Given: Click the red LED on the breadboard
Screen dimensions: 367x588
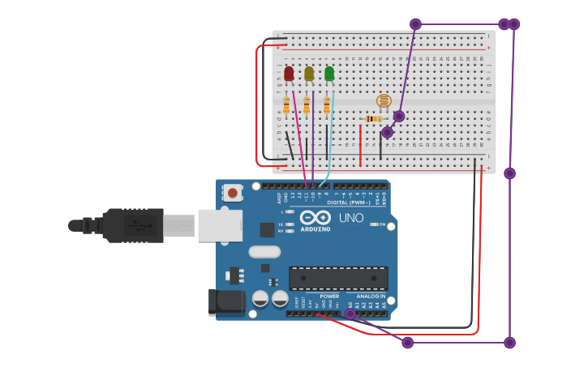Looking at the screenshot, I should pyautogui.click(x=289, y=75).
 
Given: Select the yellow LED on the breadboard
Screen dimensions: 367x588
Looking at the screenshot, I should pyautogui.click(x=309, y=74).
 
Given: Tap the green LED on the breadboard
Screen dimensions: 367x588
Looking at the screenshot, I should pyautogui.click(x=329, y=74).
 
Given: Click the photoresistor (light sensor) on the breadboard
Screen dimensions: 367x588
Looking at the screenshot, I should pyautogui.click(x=384, y=101).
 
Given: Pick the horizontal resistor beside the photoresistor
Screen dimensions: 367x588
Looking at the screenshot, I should pyautogui.click(x=373, y=119).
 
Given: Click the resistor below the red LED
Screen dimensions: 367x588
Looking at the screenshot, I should pyautogui.click(x=286, y=105).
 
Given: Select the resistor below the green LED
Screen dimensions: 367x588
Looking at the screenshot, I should pyautogui.click(x=327, y=105).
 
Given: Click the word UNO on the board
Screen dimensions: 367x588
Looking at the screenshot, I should pyautogui.click(x=350, y=218).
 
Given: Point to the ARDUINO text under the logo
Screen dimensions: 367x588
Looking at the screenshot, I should pyautogui.click(x=315, y=229).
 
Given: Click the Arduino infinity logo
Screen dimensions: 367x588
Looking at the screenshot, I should pyautogui.click(x=315, y=217).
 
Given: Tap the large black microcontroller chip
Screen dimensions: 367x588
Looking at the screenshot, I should pyautogui.click(x=338, y=278).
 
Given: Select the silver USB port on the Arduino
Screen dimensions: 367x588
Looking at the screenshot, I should pyautogui.click(x=220, y=225).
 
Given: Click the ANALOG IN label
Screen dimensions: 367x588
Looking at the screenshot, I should pyautogui.click(x=371, y=297).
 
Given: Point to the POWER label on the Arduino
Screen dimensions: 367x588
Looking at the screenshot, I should pyautogui.click(x=329, y=297).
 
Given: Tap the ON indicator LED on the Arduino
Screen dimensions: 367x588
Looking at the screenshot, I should pyautogui.click(x=374, y=224).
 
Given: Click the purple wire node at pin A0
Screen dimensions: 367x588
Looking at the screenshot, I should pyautogui.click(x=350, y=314).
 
